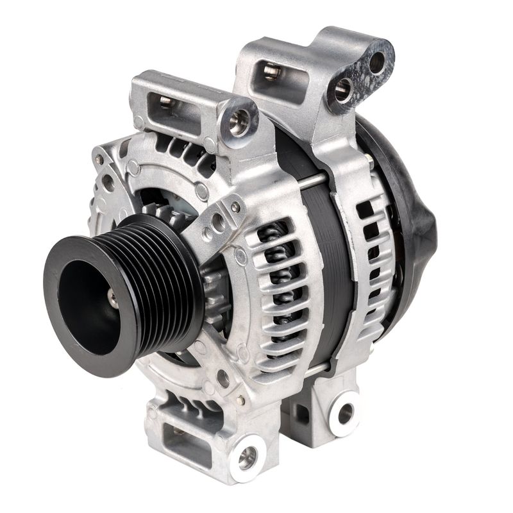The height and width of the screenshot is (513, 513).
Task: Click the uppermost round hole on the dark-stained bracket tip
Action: point(377,62)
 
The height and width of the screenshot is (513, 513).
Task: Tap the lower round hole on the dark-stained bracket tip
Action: point(343,90)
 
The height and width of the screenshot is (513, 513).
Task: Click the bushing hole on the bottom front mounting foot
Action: point(248,457)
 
